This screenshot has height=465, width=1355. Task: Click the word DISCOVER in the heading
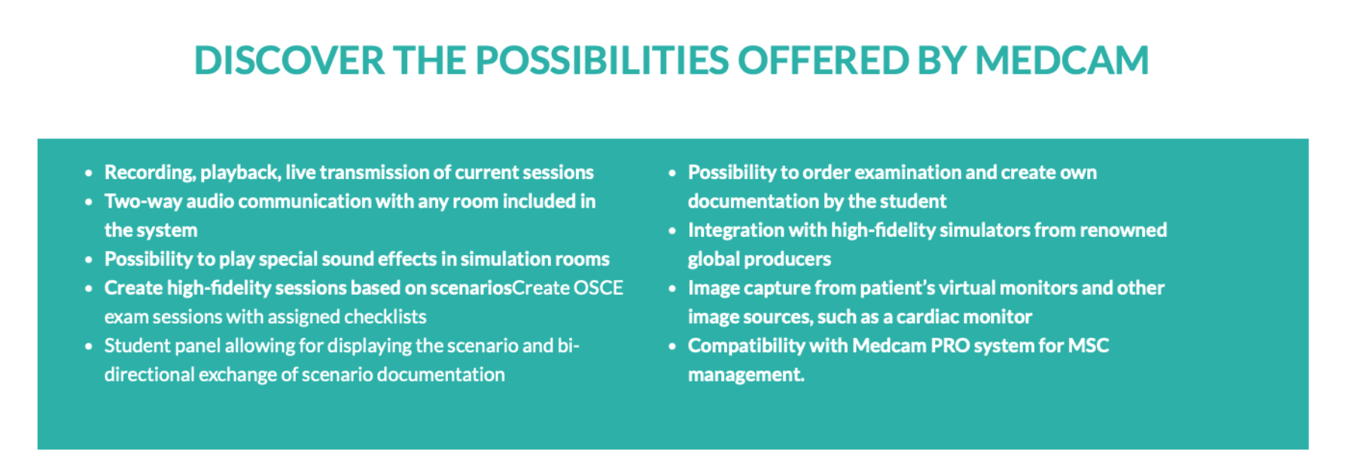[290, 60]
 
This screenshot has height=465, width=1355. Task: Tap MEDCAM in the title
[1061, 60]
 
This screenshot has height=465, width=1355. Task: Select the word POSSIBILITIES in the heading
[602, 60]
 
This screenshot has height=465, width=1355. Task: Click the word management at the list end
[746, 375]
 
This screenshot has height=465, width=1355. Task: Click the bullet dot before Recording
[89, 174]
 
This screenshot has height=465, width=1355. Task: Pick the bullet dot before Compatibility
[672, 347]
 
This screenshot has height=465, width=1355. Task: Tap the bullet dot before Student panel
[89, 347]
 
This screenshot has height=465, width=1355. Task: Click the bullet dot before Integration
[672, 231]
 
